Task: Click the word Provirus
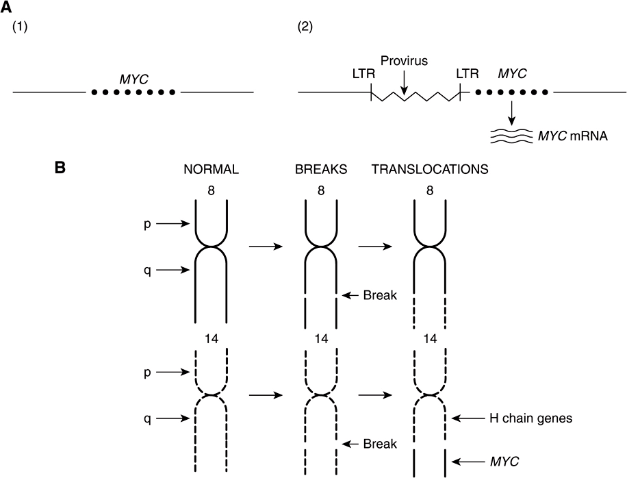pos(405,61)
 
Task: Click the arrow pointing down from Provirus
pos(405,82)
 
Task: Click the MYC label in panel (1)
pos(134,79)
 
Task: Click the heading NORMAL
pos(211,170)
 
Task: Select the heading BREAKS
pos(321,170)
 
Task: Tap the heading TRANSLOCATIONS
pos(430,170)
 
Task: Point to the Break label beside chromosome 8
pos(380,296)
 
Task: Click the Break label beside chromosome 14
pos(380,443)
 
